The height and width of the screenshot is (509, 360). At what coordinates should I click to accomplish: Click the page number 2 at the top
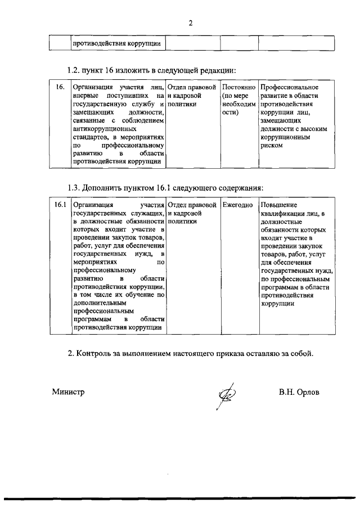click(x=190, y=23)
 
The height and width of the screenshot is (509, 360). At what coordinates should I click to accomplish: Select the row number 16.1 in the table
click(x=61, y=205)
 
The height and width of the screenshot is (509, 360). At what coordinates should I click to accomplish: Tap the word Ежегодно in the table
click(x=237, y=205)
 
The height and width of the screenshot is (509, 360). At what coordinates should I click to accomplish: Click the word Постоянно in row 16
click(x=239, y=88)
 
